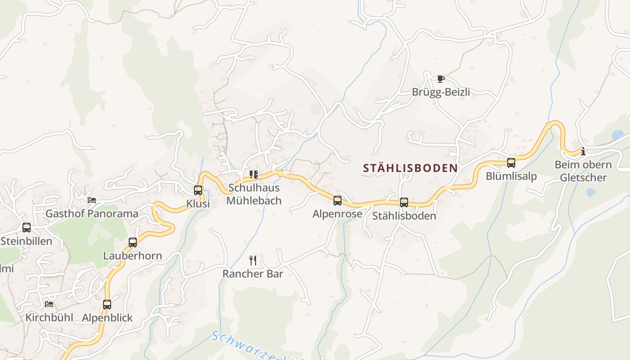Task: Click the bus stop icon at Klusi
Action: click(x=198, y=190)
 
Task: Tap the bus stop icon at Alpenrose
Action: click(x=337, y=201)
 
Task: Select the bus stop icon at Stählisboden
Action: click(x=404, y=202)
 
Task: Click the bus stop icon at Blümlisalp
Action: click(x=511, y=163)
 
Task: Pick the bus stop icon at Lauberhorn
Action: click(x=133, y=243)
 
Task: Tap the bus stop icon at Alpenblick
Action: click(x=107, y=305)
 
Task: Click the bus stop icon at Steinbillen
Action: click(x=27, y=228)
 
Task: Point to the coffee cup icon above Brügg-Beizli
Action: click(x=441, y=79)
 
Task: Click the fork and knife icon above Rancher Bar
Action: click(x=253, y=260)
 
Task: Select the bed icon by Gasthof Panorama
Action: click(x=92, y=200)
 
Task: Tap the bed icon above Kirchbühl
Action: click(x=49, y=304)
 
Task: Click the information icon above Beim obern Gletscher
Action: click(x=583, y=152)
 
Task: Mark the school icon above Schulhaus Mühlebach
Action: click(x=254, y=174)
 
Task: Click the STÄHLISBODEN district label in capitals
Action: click(x=410, y=168)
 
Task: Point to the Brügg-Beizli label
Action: click(x=441, y=92)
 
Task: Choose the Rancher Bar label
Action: click(x=253, y=274)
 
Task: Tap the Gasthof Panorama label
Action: click(x=92, y=214)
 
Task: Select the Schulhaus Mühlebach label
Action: click(x=254, y=194)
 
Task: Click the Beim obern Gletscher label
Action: click(x=583, y=171)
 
